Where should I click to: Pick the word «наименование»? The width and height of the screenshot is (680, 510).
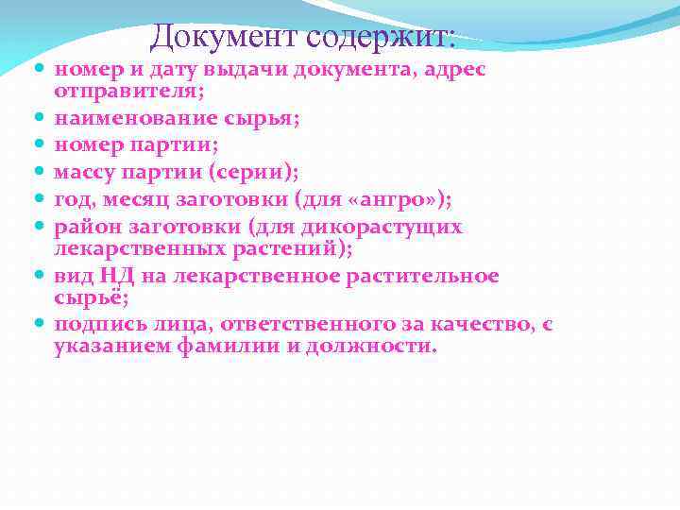click(x=121, y=119)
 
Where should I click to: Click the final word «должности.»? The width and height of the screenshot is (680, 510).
click(x=383, y=346)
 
